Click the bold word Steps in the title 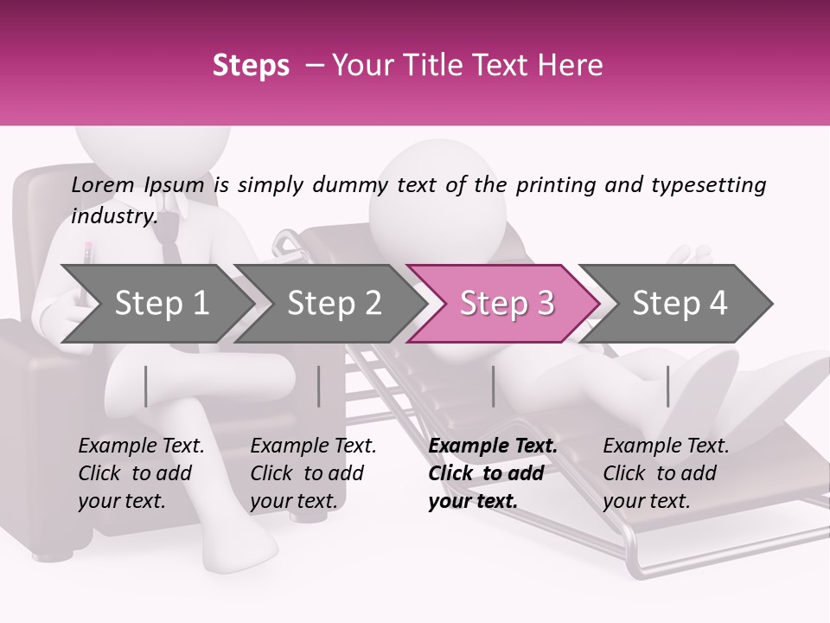[251, 66]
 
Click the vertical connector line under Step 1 [145, 386]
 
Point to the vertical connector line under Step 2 [319, 386]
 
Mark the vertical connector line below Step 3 [493, 386]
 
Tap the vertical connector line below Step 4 [667, 386]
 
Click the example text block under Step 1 [141, 473]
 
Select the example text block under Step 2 [313, 473]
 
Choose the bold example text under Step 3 [493, 473]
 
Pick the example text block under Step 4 [666, 473]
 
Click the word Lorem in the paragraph [103, 184]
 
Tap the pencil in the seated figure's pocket [88, 254]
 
